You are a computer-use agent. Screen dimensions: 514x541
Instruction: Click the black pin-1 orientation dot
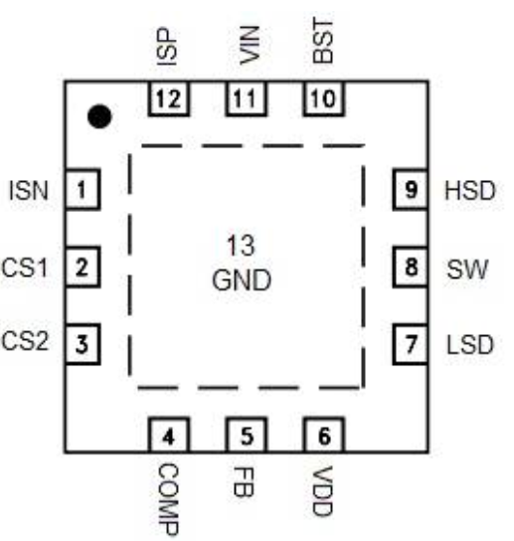[x=99, y=116]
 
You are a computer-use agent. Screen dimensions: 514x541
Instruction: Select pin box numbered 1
[x=83, y=189]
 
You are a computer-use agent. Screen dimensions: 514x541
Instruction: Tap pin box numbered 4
[x=169, y=435]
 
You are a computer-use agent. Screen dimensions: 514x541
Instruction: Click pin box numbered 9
[x=411, y=189]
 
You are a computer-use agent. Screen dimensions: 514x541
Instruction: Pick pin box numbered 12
[x=169, y=98]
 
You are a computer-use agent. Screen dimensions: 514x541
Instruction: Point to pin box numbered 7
[x=411, y=344]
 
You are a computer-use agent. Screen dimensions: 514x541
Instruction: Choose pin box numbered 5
[x=247, y=435]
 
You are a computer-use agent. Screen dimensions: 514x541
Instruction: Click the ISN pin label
[x=28, y=191]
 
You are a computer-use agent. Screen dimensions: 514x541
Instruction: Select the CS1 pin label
[x=24, y=268]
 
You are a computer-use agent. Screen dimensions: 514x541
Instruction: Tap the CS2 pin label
[x=25, y=341]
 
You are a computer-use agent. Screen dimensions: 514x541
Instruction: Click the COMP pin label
[x=169, y=499]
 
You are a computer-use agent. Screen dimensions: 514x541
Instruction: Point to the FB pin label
[x=244, y=481]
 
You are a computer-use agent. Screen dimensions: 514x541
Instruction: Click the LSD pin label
[x=470, y=345]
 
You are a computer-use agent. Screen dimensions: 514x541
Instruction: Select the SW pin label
[x=467, y=270]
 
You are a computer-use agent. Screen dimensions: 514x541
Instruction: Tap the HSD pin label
[x=470, y=191]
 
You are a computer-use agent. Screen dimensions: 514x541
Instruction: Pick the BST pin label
[x=323, y=41]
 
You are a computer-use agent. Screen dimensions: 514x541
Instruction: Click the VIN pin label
[x=250, y=45]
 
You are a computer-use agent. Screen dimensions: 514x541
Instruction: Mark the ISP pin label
[x=167, y=47]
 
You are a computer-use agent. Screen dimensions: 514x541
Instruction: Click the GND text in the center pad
[x=242, y=280]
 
